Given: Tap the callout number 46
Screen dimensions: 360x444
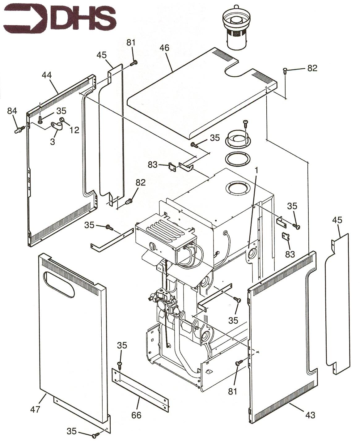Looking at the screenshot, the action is click(165, 48).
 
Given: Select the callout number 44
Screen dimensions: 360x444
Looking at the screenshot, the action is click(47, 75).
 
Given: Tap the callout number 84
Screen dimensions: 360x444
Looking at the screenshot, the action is click(12, 111).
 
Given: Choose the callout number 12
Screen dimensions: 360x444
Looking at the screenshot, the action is click(74, 130).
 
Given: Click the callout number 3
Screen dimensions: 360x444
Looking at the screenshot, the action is click(53, 142).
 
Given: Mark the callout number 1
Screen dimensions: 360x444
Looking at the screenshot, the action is click(256, 170).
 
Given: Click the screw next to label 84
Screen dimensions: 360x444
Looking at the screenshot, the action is click(20, 130).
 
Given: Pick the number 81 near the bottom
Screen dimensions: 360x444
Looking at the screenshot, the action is click(232, 392).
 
